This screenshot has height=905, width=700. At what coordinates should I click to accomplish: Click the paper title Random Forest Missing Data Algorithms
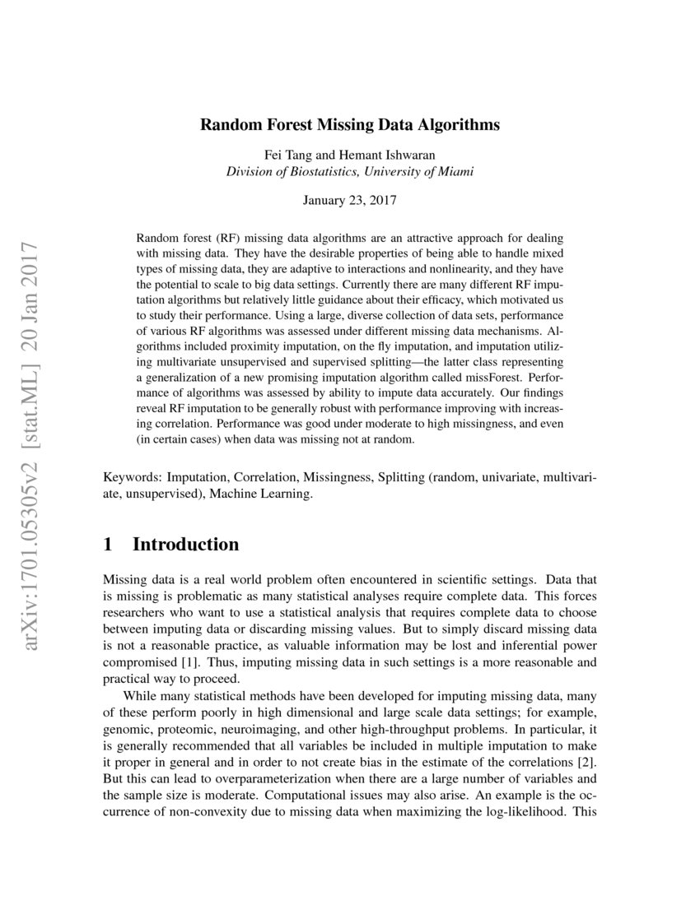(x=350, y=126)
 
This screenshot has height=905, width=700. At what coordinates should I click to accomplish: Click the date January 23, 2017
(x=350, y=200)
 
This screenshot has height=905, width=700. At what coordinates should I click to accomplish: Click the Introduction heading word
(x=186, y=545)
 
